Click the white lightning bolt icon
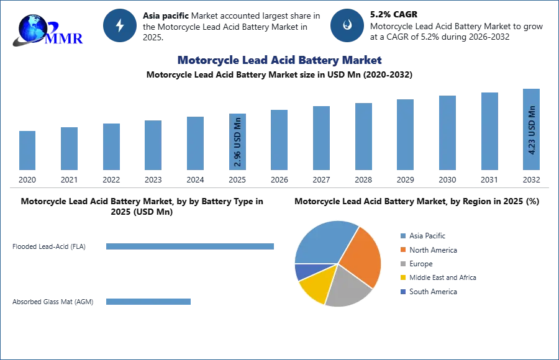coord(120,25)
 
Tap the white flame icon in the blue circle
coord(347,25)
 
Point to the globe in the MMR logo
coord(32,28)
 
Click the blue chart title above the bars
coord(278,60)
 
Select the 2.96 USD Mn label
coord(238,142)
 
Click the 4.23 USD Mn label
coord(532,130)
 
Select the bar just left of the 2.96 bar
coord(194,143)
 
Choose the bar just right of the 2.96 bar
coord(278,141)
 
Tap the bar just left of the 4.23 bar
coord(489,132)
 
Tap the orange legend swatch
coord(402,250)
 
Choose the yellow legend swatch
coord(402,278)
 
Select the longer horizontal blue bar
coord(191,248)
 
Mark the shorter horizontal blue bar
coord(149,303)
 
